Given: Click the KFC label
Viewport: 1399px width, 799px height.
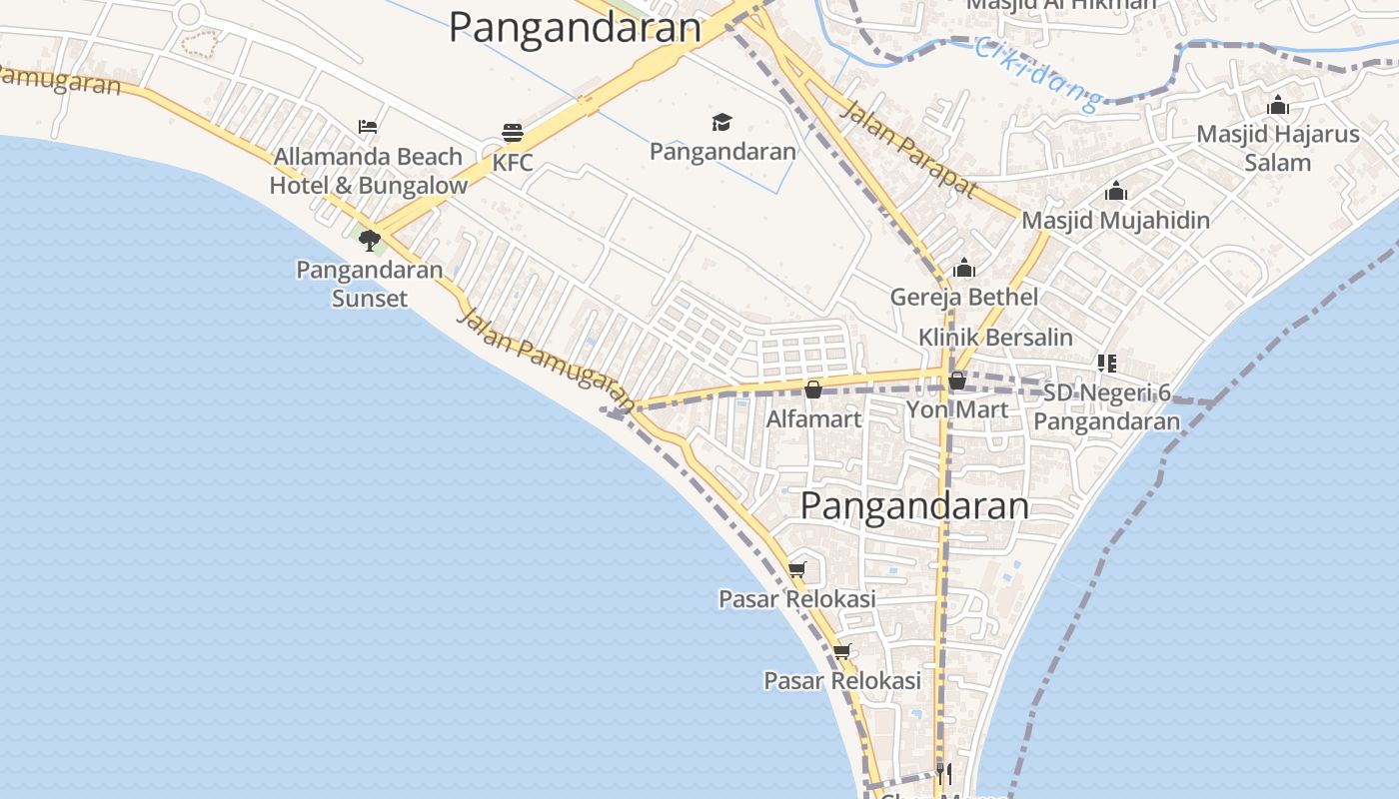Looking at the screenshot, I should (x=513, y=163).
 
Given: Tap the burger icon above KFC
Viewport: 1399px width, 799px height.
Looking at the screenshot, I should (x=513, y=133).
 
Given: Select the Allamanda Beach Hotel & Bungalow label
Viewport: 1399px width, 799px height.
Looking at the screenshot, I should (x=368, y=171).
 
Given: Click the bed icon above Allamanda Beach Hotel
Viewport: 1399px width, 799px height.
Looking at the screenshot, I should (x=368, y=127).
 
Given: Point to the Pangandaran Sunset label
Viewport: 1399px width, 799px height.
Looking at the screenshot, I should (x=370, y=284).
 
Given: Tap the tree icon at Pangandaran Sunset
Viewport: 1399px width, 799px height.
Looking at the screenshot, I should (x=370, y=240).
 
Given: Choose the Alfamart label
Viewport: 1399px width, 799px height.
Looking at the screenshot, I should (x=813, y=419).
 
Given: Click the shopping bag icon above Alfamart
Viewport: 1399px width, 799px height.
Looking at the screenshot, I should (x=813, y=390).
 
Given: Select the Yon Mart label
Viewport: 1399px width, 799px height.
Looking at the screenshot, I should (x=956, y=409).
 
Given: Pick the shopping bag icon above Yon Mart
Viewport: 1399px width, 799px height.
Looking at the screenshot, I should (x=956, y=381).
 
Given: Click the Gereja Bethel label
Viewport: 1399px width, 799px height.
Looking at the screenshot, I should (x=964, y=297).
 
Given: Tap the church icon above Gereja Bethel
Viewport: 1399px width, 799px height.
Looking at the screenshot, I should (x=964, y=268).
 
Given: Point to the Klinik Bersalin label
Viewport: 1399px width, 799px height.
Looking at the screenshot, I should (x=995, y=338).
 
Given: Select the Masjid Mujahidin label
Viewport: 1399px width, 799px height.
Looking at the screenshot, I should (x=1115, y=220).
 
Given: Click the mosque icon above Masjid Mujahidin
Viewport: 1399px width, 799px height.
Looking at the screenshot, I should (x=1115, y=191).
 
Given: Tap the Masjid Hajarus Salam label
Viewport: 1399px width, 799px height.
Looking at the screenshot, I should (x=1278, y=148).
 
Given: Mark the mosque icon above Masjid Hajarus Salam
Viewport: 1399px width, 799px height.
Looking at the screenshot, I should (x=1278, y=105).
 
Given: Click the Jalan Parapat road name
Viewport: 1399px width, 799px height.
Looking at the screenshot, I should (x=906, y=148).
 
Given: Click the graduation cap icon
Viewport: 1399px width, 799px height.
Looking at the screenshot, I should (x=721, y=122).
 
